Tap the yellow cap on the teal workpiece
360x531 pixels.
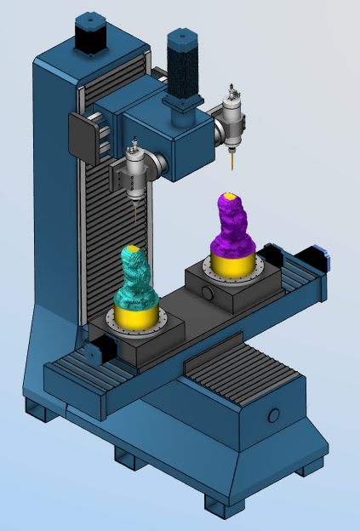pos(133,250)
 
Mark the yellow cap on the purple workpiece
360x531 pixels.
pos(229,197)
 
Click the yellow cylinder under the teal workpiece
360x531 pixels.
pos(137,317)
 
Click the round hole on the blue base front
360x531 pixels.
pos(273,415)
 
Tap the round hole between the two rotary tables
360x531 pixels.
pos(207,294)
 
